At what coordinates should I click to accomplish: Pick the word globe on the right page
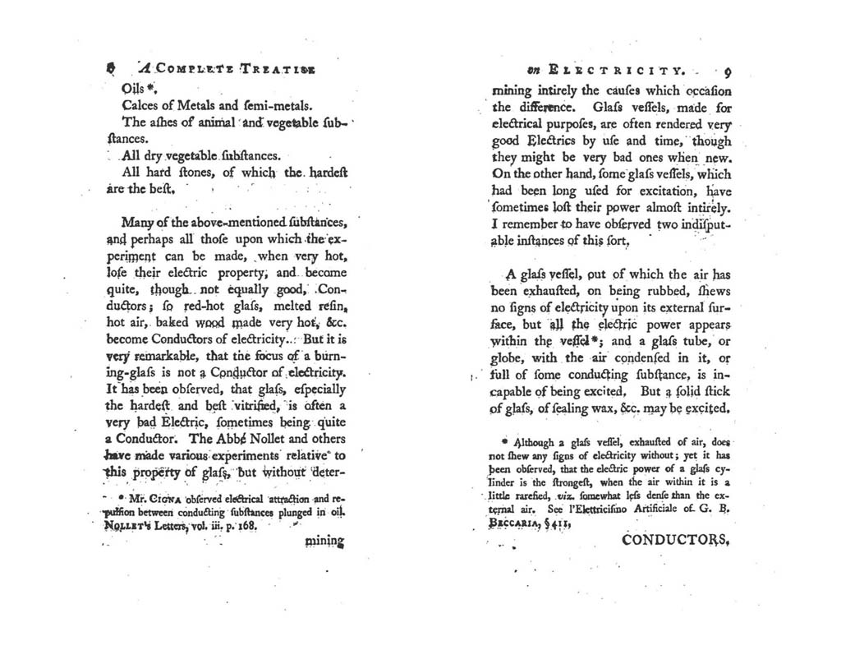pyautogui.click(x=509, y=357)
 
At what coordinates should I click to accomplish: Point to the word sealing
pyautogui.click(x=580, y=408)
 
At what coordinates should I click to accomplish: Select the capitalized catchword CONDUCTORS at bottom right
pyautogui.click(x=675, y=541)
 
